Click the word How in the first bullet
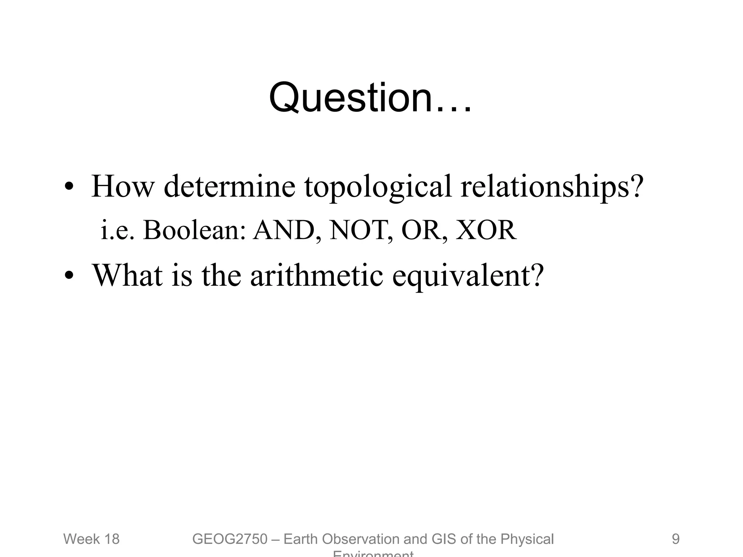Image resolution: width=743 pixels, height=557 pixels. (123, 186)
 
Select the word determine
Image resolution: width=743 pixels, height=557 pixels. (229, 186)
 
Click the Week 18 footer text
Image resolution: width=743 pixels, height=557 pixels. (91, 539)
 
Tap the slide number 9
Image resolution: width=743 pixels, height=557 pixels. (676, 539)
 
